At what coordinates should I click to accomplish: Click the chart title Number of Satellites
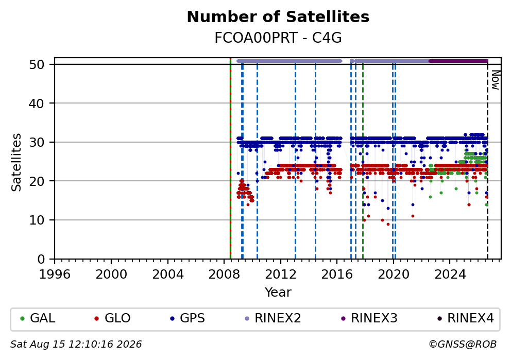[x=278, y=17]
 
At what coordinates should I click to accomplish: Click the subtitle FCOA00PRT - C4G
[x=278, y=38]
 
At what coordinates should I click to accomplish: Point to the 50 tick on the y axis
[x=37, y=64]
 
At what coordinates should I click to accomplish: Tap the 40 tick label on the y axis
[x=37, y=104]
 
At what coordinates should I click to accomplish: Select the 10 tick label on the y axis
[x=37, y=220]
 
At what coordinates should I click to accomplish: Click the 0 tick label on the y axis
[x=41, y=260]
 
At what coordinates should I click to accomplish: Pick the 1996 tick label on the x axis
[x=55, y=275]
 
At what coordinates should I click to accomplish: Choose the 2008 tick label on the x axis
[x=224, y=275]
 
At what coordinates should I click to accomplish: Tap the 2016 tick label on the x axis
[x=337, y=275]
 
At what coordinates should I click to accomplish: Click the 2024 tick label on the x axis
[x=450, y=275]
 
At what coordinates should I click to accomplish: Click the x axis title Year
[x=278, y=292]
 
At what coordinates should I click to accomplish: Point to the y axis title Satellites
[x=16, y=162]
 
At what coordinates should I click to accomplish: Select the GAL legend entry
[x=38, y=318]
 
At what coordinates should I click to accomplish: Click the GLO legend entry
[x=113, y=318]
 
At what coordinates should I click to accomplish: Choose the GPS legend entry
[x=188, y=318]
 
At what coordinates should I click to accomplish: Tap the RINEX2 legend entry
[x=273, y=318]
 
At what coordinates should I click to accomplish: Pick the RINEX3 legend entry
[x=369, y=318]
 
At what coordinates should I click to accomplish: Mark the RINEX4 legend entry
[x=466, y=318]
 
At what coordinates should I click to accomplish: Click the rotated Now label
[x=496, y=80]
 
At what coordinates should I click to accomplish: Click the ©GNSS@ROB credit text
[x=463, y=345]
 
